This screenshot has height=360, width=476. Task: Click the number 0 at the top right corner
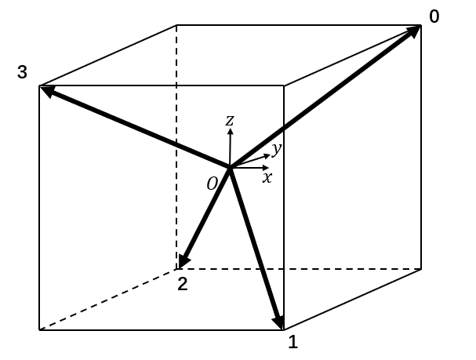(x=434, y=16)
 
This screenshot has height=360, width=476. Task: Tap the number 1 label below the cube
(x=293, y=342)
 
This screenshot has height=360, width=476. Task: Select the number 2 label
(x=183, y=284)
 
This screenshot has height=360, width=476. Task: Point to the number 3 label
(x=22, y=73)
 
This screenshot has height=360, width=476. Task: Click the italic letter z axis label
(x=230, y=120)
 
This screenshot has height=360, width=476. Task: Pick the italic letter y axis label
(x=276, y=148)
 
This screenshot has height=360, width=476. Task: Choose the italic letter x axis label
(x=267, y=178)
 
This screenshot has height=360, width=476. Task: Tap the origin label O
(x=212, y=184)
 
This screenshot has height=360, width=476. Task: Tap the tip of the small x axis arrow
(x=270, y=167)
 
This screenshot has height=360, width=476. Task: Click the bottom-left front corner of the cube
(x=39, y=329)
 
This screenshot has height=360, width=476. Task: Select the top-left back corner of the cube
(x=176, y=25)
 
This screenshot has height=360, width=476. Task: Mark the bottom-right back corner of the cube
(x=421, y=269)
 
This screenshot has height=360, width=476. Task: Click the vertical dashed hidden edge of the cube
(x=176, y=157)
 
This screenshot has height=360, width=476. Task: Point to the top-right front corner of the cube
(x=283, y=85)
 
